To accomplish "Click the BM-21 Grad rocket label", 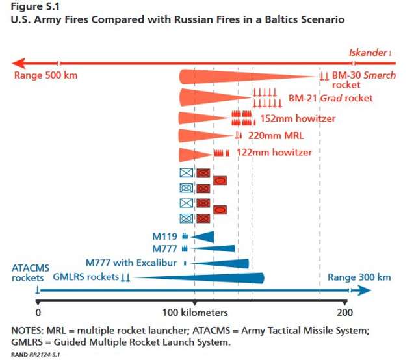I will click(330, 98).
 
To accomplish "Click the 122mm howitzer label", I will click(274, 153).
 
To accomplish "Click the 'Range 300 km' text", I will click(359, 277).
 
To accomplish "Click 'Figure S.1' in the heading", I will click(32, 6).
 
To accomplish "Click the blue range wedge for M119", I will click(201, 237).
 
